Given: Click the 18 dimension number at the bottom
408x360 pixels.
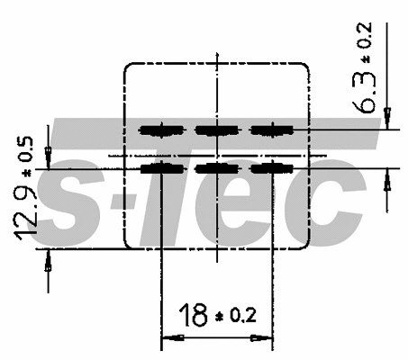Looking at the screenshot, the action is [193, 315].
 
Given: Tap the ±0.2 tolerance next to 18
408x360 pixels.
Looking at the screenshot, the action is [236, 316].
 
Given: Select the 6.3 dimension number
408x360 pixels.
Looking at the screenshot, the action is [364, 92].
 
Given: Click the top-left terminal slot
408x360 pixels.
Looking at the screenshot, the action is [161, 130].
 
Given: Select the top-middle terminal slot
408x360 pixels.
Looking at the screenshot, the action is [217, 130].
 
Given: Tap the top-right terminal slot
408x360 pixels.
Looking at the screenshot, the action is [271, 130].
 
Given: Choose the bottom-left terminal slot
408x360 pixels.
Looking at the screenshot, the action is [161, 169].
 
